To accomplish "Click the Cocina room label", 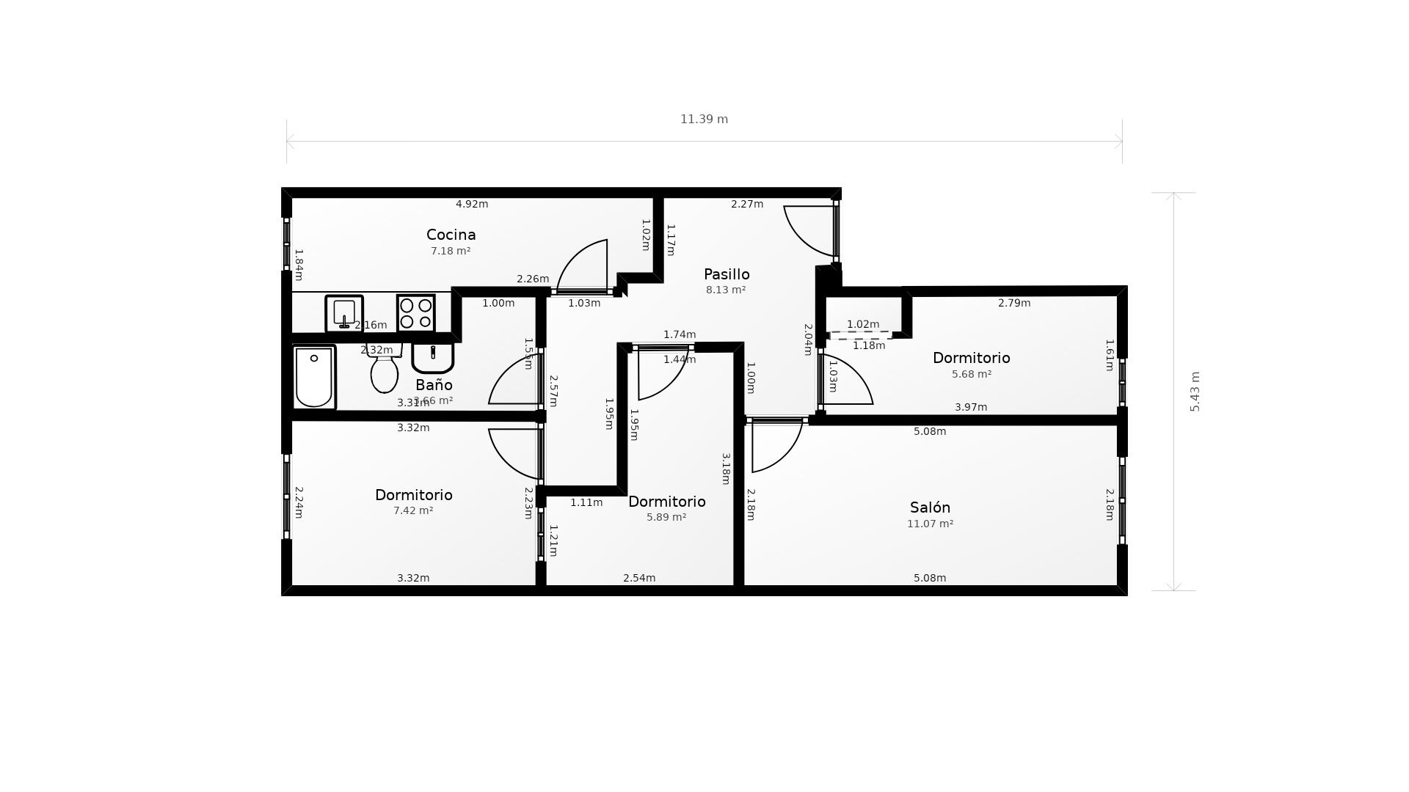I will click(x=451, y=235).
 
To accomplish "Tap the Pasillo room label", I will click(x=727, y=274).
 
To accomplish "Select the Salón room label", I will click(x=930, y=507).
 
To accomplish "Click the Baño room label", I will click(x=434, y=385).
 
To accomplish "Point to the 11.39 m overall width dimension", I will click(x=704, y=120).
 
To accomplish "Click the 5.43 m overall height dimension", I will click(x=1195, y=392).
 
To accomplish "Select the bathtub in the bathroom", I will click(x=314, y=377).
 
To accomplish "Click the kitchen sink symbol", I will click(x=344, y=314).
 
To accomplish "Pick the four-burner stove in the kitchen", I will click(x=416, y=313).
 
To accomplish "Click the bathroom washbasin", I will click(x=433, y=358).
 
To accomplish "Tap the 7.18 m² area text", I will click(x=451, y=251).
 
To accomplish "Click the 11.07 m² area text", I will click(x=930, y=524).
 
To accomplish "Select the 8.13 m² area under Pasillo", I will click(x=726, y=290).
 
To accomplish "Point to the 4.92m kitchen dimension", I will click(x=472, y=204).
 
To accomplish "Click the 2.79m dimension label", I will click(x=1014, y=303).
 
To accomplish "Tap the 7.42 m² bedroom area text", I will click(x=413, y=510).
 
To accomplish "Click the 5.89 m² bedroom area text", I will click(x=666, y=517).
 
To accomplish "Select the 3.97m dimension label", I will click(x=971, y=407).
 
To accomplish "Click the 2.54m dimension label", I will click(x=639, y=578).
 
